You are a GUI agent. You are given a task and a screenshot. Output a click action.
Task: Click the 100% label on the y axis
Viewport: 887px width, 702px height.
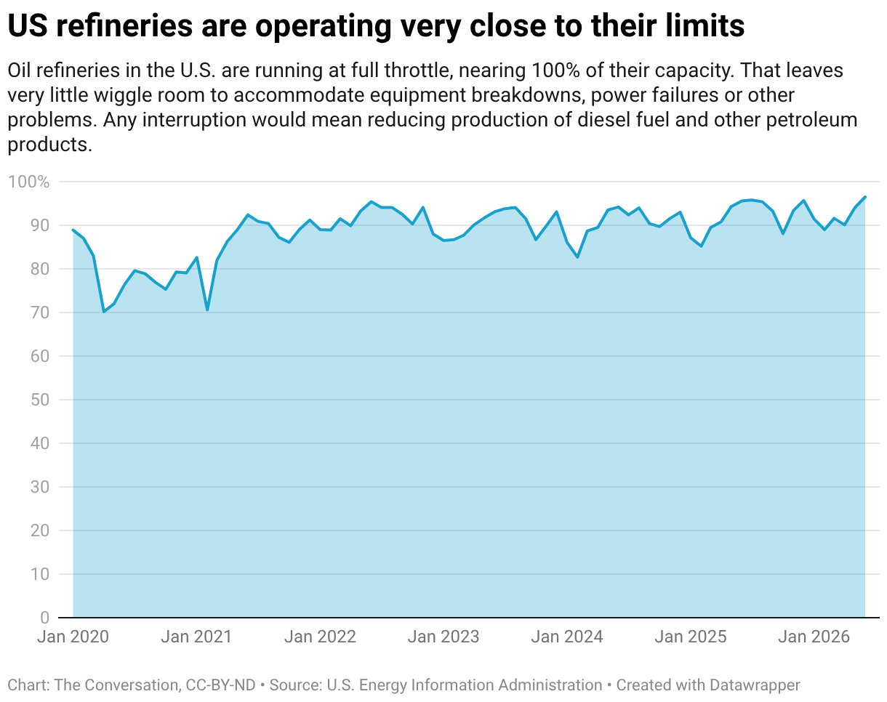point(28,182)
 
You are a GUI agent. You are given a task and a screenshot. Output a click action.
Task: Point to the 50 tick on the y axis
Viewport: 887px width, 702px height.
point(39,400)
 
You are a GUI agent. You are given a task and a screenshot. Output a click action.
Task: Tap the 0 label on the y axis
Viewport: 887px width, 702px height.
point(44,618)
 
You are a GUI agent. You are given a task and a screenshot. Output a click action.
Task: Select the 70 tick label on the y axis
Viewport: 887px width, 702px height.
point(39,312)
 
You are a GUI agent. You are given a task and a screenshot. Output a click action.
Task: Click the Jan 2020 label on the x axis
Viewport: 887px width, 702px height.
point(73,637)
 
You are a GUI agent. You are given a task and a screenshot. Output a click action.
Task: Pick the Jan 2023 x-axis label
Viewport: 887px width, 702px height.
point(443,637)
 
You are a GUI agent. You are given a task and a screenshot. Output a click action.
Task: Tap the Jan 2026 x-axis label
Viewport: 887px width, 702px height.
point(814,637)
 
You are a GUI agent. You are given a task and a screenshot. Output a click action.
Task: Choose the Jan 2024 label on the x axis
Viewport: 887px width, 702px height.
point(567,637)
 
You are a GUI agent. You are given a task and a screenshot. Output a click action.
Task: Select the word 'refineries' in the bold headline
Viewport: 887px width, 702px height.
point(124,25)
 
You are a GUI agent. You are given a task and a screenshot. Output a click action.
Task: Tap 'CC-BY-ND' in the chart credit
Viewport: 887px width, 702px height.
point(220,685)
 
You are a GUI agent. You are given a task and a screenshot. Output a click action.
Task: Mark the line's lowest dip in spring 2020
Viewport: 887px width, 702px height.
point(104,312)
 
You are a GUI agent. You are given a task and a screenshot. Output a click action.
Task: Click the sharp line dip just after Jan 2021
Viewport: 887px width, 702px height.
point(207,310)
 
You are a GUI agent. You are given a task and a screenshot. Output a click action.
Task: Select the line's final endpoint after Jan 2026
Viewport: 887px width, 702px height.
point(865,197)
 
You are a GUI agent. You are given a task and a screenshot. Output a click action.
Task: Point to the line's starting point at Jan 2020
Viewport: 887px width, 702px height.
point(73,230)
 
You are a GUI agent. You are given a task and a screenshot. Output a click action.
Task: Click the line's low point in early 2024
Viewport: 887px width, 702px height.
point(577,257)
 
